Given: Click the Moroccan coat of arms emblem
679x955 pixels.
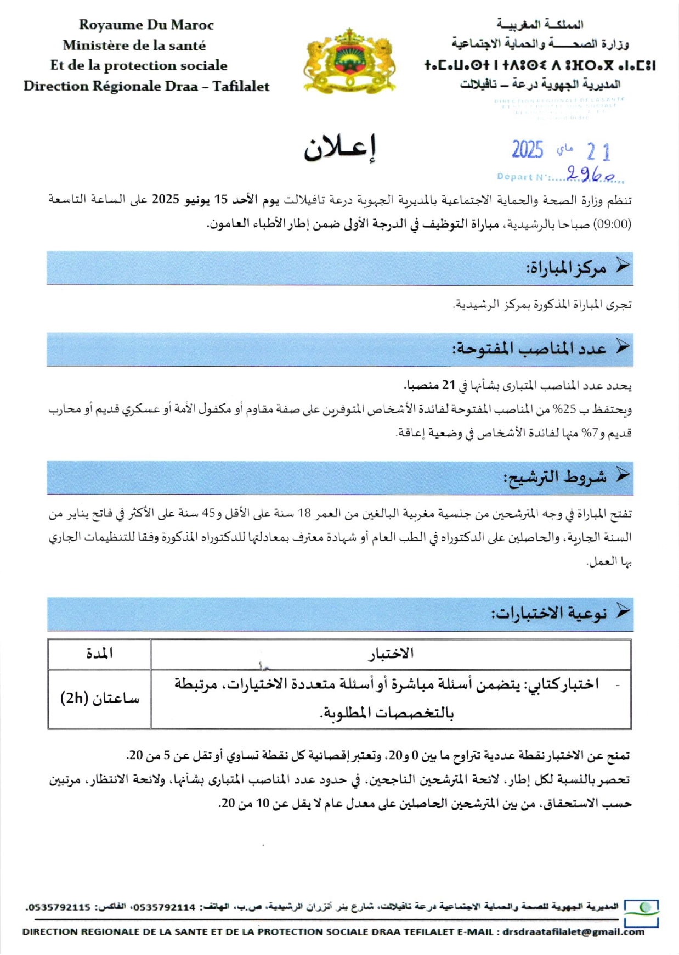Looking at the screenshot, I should coord(349,61).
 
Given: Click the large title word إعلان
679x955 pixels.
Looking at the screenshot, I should coord(341,149).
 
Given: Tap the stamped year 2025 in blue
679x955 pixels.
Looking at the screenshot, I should coord(527,150).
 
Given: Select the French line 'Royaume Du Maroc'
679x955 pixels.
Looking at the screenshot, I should coord(146,25).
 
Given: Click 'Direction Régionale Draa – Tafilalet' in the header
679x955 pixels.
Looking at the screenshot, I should coord(146,86).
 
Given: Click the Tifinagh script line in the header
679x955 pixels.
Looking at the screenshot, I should coord(540,66).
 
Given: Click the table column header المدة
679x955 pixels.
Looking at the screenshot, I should coord(99,653).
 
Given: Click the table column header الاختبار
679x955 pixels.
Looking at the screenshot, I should coord(391,653).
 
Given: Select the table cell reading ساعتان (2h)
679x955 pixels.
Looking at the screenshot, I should coord(99,699).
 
